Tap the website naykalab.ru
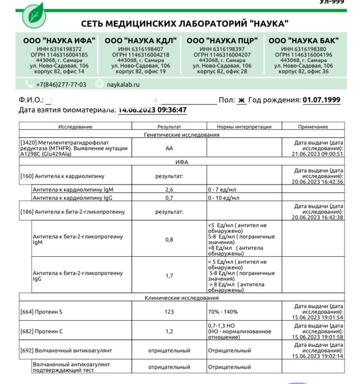pos(123,84)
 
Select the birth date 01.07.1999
pos(321,100)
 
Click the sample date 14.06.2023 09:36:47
pos(152,110)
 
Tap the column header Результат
pos(169,127)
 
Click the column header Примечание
pos(313,127)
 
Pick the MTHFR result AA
pos(169,148)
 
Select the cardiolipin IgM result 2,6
pos(169,190)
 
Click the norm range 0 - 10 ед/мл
pos(223,198)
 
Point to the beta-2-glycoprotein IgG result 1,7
pos(169,276)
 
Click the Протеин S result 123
pos(169,312)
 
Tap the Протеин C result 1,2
pos(169,331)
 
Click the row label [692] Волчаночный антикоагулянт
pos(66,351)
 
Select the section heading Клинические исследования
pos(181,298)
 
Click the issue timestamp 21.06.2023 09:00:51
pos(318,154)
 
